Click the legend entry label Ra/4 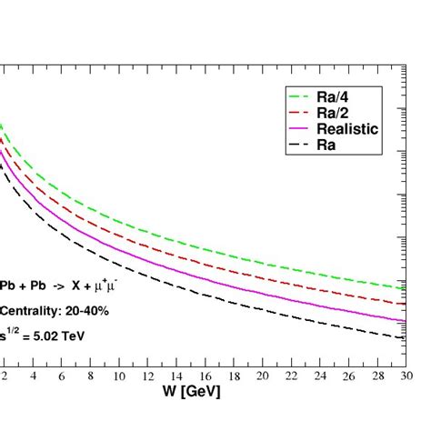point(339,96)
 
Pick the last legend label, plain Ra point(332,145)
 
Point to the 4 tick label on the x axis point(33,376)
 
